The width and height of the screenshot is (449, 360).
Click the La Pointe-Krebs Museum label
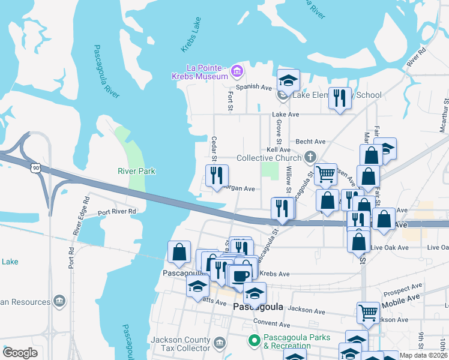tap(198, 71)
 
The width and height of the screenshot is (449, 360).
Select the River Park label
tap(136, 171)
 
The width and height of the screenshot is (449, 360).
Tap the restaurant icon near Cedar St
tap(216, 176)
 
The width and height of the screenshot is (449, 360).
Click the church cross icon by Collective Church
tap(310, 157)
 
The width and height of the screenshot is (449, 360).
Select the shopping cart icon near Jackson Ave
tap(368, 311)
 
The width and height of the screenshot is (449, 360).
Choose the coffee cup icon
tap(241, 276)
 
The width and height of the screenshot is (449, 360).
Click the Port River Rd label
tap(117, 211)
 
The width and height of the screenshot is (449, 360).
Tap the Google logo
tap(20, 353)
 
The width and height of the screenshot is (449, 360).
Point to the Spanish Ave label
tap(254, 87)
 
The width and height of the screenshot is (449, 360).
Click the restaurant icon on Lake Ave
tap(340, 98)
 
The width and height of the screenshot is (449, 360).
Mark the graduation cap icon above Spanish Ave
tap(288, 80)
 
